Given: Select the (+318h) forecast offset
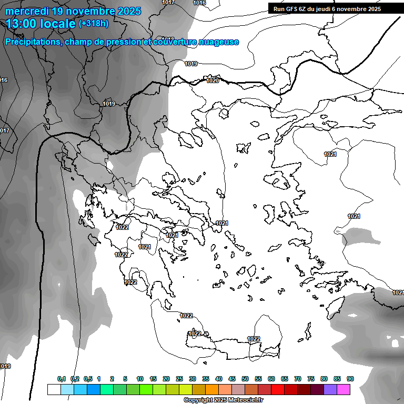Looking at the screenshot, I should click(93, 24).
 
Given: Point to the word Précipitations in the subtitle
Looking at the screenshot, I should click(32, 42).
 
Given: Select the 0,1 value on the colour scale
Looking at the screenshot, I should click(62, 379).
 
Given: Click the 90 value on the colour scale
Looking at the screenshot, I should click(350, 379).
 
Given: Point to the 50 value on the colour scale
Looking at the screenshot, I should click(245, 379).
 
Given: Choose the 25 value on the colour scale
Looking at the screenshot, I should click(179, 379).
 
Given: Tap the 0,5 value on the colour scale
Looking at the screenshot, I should click(88, 379).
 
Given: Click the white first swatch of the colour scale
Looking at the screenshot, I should click(54, 389).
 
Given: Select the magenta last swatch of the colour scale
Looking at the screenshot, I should click(344, 389).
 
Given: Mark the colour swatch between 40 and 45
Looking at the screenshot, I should click(225, 389).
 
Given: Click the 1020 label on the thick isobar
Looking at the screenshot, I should click(213, 80).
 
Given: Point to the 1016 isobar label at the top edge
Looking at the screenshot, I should click(199, 3).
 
